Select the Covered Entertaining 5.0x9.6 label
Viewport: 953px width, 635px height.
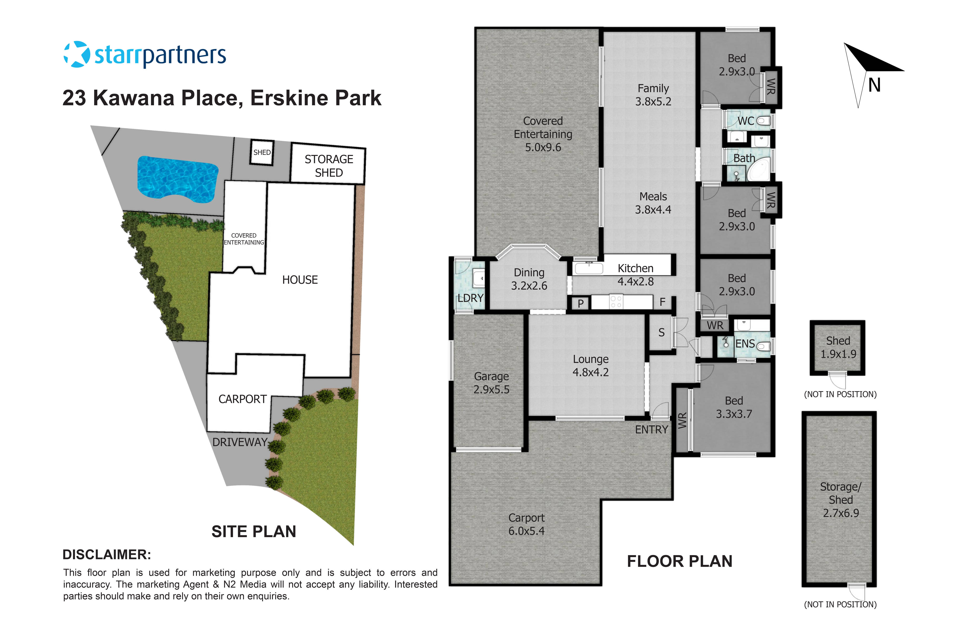point(543,134)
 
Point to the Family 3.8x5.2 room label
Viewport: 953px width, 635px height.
point(653,95)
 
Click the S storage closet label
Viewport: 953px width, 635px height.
point(661,332)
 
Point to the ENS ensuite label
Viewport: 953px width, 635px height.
point(745,344)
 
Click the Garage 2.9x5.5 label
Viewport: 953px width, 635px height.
point(491,383)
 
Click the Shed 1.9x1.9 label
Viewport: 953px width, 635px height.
point(838,347)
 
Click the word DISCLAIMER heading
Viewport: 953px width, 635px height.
point(106,555)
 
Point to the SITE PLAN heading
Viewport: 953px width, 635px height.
point(254,531)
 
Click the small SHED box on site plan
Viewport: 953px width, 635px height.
point(262,152)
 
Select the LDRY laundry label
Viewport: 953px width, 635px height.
point(470,298)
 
